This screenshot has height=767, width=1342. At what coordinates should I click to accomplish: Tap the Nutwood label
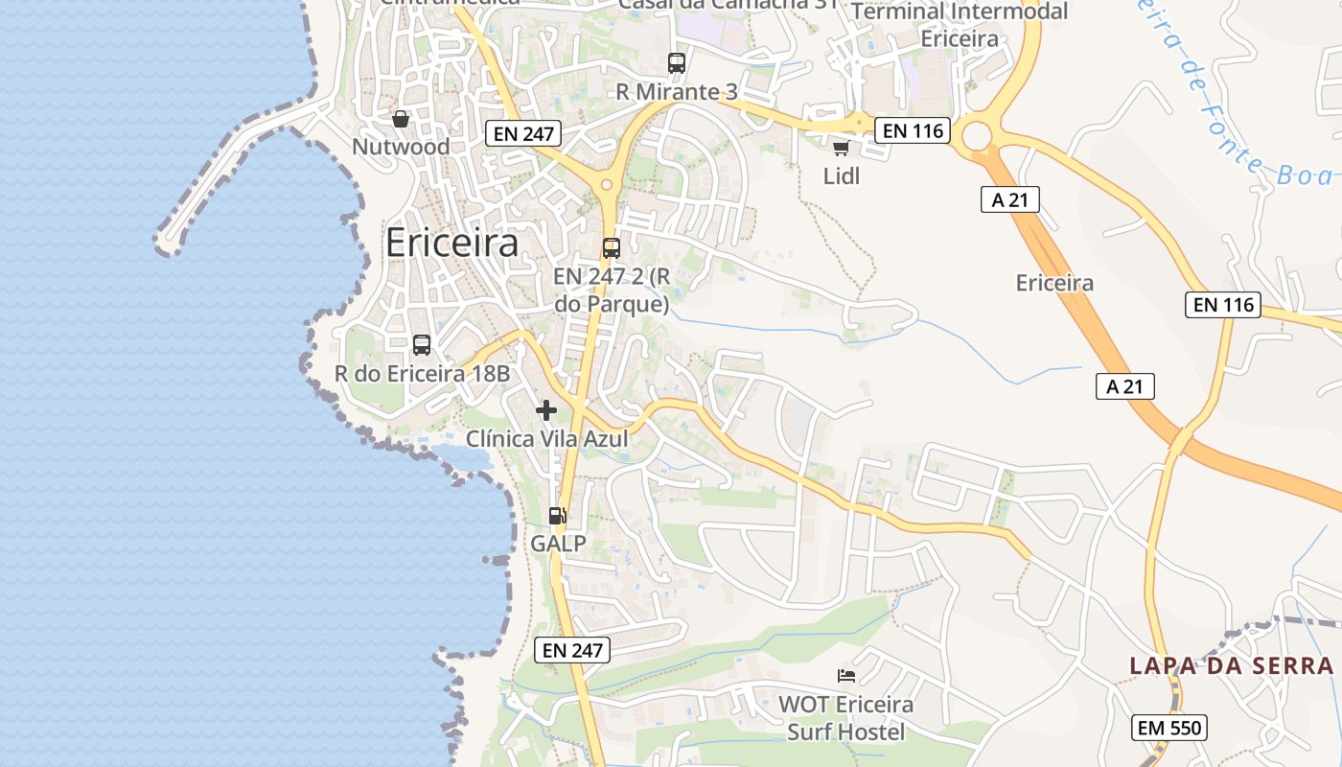coord(401,147)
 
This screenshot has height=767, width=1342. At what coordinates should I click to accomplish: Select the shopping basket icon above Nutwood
coord(401,119)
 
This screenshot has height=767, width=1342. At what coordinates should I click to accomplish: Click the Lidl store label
coord(842,176)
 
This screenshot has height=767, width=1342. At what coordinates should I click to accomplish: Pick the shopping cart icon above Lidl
coord(841,148)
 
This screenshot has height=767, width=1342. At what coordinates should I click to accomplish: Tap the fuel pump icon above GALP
coord(558,516)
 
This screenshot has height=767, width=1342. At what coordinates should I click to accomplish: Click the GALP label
coord(558,544)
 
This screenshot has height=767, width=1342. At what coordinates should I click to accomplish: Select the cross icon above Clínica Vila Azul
coord(546,410)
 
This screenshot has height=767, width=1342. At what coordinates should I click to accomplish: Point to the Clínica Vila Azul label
coord(546,439)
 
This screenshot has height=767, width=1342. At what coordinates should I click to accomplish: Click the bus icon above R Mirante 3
coord(677,63)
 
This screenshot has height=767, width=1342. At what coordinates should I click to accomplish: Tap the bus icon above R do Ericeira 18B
coord(422,345)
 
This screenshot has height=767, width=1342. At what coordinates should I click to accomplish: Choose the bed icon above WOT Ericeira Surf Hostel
coord(845,676)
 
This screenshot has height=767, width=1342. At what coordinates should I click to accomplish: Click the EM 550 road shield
coord(1168,728)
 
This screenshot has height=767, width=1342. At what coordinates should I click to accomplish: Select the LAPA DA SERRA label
coord(1231,665)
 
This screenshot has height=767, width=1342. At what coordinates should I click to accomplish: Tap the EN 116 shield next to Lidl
coord(913,130)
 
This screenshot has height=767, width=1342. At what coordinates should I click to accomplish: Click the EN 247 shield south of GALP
coord(572,650)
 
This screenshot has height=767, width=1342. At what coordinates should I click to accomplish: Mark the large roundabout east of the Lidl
coord(977,137)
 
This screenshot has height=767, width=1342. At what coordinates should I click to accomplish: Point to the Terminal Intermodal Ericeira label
coord(960,25)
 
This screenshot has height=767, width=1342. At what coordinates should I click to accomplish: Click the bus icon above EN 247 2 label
coord(612,248)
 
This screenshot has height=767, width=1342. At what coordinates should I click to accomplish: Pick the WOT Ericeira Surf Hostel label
coord(845,718)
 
